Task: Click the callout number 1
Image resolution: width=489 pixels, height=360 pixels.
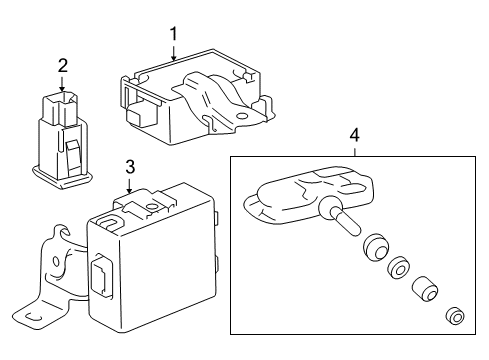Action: pyautogui.click(x=173, y=34)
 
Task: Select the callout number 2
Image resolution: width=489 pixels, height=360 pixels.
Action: pyautogui.click(x=63, y=66)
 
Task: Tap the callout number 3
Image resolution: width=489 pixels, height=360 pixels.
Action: pyautogui.click(x=130, y=167)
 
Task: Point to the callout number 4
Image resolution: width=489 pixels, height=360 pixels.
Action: pyautogui.click(x=355, y=136)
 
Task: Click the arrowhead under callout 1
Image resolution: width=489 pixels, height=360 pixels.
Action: pyautogui.click(x=173, y=58)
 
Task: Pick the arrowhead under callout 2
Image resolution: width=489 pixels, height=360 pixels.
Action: pyautogui.click(x=62, y=88)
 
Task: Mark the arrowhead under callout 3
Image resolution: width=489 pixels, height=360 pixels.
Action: pyautogui.click(x=130, y=190)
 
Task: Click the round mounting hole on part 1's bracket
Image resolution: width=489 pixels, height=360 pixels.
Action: pyautogui.click(x=241, y=117)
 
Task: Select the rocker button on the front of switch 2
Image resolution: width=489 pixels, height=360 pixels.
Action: pyautogui.click(x=74, y=157)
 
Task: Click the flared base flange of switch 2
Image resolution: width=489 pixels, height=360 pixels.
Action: pyautogui.click(x=62, y=176)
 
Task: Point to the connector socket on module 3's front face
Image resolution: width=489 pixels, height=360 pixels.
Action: pyautogui.click(x=101, y=274)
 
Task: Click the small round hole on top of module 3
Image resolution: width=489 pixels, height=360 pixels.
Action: pyautogui.click(x=152, y=207)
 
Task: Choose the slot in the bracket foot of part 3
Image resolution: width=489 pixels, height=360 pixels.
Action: pyautogui.click(x=34, y=317)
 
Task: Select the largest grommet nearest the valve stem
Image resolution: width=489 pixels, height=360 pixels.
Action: pyautogui.click(x=376, y=247)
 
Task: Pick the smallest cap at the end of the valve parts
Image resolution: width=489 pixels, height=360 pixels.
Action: pyautogui.click(x=455, y=315)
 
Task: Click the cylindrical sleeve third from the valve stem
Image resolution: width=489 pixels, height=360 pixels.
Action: pyautogui.click(x=424, y=289)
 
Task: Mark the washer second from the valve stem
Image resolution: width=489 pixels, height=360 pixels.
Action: pyautogui.click(x=399, y=267)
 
